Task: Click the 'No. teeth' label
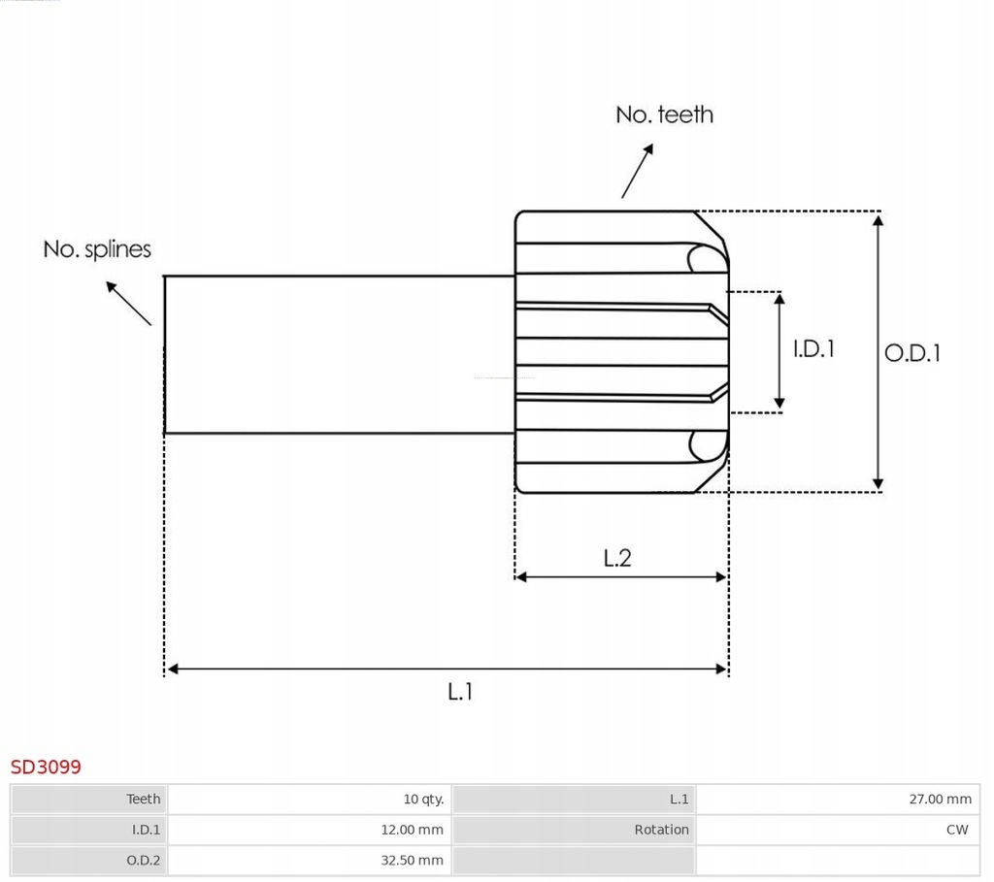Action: coord(664,114)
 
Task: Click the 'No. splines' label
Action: coord(97,249)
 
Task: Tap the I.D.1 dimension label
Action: coord(813,348)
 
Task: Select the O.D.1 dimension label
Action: coord(912,353)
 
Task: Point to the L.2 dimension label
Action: coord(617,558)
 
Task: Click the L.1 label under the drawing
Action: coord(460,692)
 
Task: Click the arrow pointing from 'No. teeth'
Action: coord(637,171)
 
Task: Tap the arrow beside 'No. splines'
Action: coord(128,303)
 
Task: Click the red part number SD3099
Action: coord(46,767)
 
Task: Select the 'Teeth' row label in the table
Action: coord(143,799)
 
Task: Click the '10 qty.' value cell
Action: coord(423,799)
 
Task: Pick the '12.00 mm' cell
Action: coord(412,830)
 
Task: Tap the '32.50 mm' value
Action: coord(412,860)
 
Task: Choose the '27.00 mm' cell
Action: coord(940,799)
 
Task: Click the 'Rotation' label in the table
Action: coord(661,830)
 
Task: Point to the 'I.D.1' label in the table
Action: coord(146,830)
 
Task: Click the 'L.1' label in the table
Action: coord(679,799)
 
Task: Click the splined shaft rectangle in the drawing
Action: coord(339,354)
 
